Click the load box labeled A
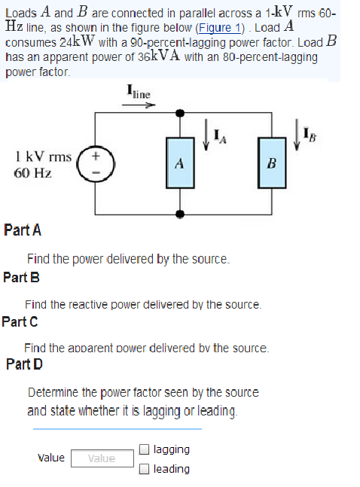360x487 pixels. coord(179,163)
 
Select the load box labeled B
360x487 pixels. coord(273,163)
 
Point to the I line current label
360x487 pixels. coord(139,93)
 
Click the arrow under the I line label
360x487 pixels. coord(140,106)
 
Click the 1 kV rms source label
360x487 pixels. coord(43,157)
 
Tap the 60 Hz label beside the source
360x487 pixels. coord(32,172)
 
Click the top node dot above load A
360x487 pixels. coord(179,113)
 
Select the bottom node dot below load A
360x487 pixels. coord(179,213)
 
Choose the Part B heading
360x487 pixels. coord(21,276)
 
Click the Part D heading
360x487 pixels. coord(24,364)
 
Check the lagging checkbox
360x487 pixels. coord(144,450)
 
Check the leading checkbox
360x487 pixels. coord(144,469)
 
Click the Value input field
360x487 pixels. coord(102,458)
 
